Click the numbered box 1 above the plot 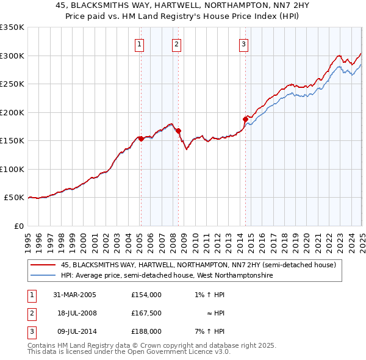[x=140, y=44]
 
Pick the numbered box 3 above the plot [x=243, y=44]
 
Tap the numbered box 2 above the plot [x=176, y=44]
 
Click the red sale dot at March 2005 [x=141, y=139]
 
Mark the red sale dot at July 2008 [x=178, y=131]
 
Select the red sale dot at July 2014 [x=245, y=119]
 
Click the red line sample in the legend [x=43, y=265]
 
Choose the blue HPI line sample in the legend [x=43, y=276]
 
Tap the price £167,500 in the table [x=146, y=313]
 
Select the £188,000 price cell [x=146, y=331]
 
